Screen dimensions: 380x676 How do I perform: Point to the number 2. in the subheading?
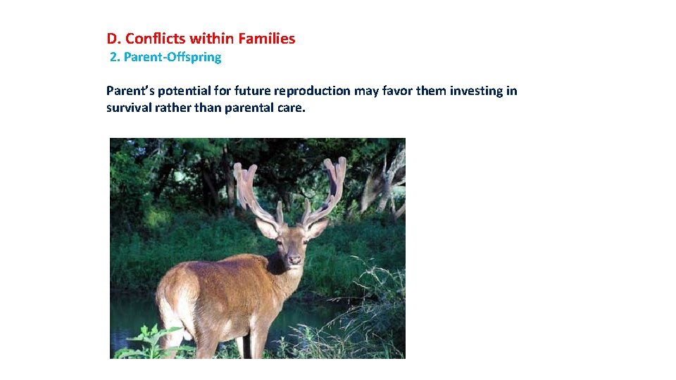115,58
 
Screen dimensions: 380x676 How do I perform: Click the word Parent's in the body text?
130,91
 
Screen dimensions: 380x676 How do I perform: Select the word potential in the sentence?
183,91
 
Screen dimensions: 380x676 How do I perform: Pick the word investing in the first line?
476,91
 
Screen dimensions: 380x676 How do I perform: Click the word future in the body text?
251,91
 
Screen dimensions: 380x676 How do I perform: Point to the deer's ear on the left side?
267,228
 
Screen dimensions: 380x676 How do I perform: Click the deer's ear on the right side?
318,227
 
